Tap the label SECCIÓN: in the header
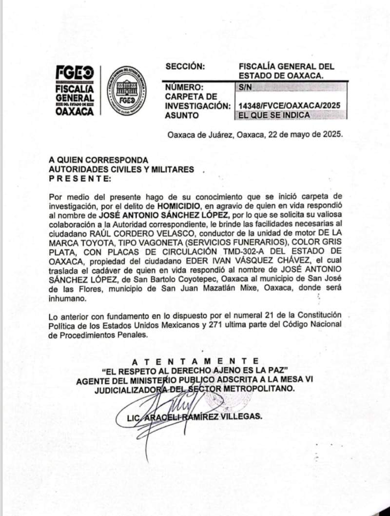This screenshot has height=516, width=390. (186, 67)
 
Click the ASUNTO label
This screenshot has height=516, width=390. (182, 116)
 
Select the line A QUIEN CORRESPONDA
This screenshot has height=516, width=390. (99, 160)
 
